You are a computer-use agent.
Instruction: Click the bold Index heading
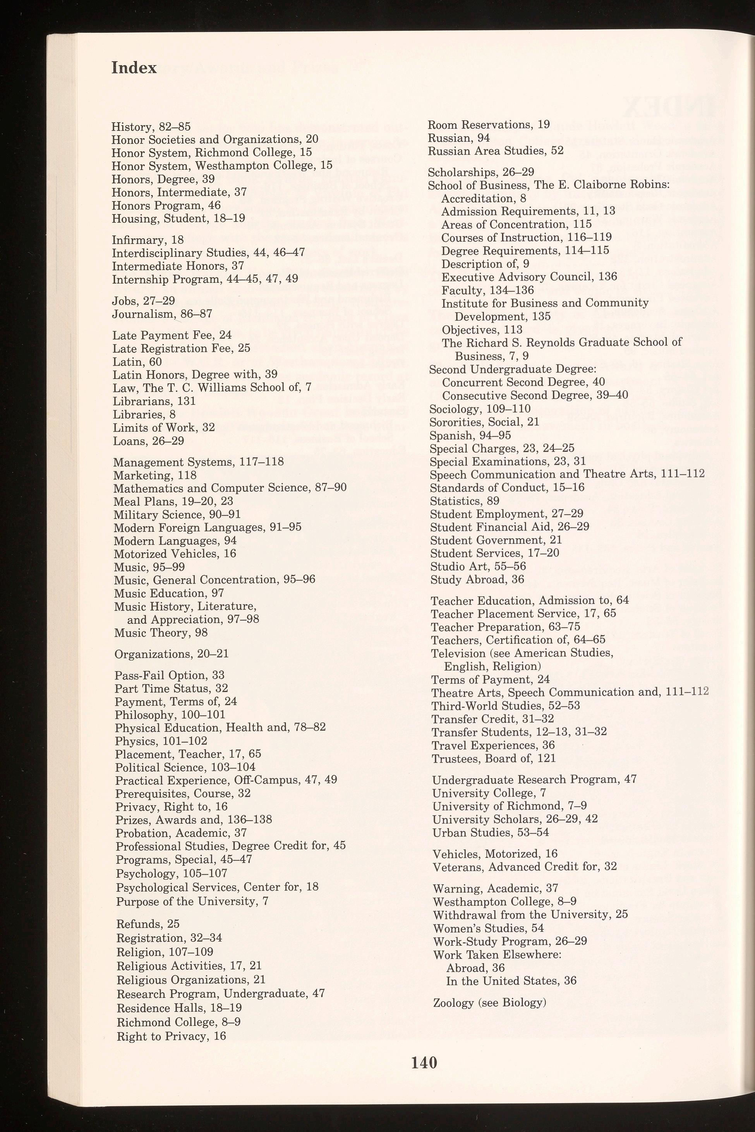pos(134,68)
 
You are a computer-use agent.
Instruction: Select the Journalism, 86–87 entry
pos(162,314)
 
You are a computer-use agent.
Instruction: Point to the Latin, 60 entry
pos(137,361)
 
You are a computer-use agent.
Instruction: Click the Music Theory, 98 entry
pos(161,633)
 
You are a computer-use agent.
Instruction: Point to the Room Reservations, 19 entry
pos(489,125)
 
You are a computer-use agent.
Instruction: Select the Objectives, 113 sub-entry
pos(482,330)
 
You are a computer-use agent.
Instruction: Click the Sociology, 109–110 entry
pos(480,409)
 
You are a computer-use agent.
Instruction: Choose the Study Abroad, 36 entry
pos(477,579)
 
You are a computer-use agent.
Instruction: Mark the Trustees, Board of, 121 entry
pos(494,759)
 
